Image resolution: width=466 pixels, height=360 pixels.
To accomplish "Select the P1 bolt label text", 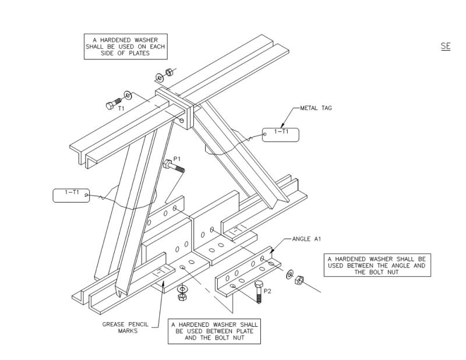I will click(177, 158).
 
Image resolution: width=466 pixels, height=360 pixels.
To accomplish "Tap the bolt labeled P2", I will click(259, 291).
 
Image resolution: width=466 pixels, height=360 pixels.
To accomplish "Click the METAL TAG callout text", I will click(316, 108).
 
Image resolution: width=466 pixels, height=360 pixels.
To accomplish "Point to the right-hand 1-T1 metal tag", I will click(280, 135).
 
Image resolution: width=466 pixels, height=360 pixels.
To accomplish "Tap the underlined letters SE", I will click(446, 46).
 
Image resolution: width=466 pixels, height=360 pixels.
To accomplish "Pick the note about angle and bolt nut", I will click(377, 265).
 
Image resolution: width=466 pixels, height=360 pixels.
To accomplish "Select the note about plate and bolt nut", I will click(214, 331).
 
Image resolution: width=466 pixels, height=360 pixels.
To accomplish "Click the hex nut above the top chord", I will click(169, 73).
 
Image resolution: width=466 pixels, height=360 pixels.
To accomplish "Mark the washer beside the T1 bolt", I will click(127, 96).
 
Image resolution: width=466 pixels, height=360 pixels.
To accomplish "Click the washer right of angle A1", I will click(290, 272).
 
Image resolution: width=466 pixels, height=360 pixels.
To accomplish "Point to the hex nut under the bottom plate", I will click(182, 297).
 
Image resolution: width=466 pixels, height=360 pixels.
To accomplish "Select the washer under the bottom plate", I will click(182, 288).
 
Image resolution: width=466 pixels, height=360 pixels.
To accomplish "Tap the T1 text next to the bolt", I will click(122, 108).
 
